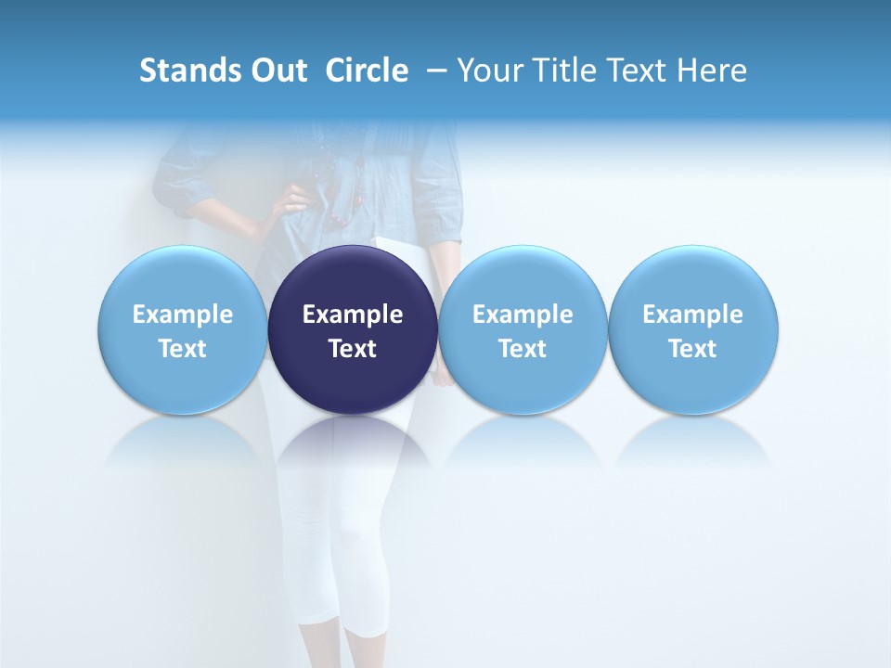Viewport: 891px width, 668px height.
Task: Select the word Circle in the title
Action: tap(367, 71)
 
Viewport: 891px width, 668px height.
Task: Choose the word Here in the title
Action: tap(713, 71)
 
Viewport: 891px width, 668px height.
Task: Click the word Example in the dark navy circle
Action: tap(353, 315)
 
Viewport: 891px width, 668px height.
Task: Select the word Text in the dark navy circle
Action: tap(353, 349)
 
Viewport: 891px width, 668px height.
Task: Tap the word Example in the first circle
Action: tap(183, 315)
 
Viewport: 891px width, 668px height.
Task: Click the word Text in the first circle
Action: tap(183, 349)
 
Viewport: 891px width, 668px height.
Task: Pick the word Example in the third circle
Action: tap(523, 315)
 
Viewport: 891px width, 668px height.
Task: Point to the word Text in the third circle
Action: tap(523, 349)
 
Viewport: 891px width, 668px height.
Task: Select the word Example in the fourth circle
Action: tap(692, 315)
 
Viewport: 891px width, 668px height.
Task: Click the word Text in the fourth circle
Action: tap(692, 349)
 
